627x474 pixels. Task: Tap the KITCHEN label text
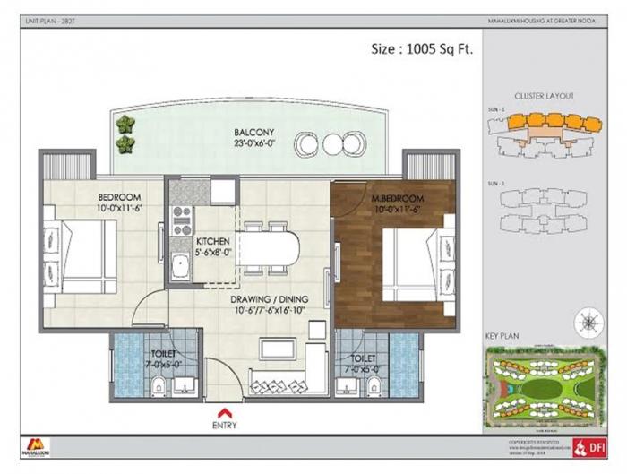(212, 242)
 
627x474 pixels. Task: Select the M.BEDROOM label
(398, 197)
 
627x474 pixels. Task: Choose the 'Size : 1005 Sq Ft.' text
(421, 49)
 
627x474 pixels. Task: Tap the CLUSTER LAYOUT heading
(544, 96)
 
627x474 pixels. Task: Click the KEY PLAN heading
(503, 336)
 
